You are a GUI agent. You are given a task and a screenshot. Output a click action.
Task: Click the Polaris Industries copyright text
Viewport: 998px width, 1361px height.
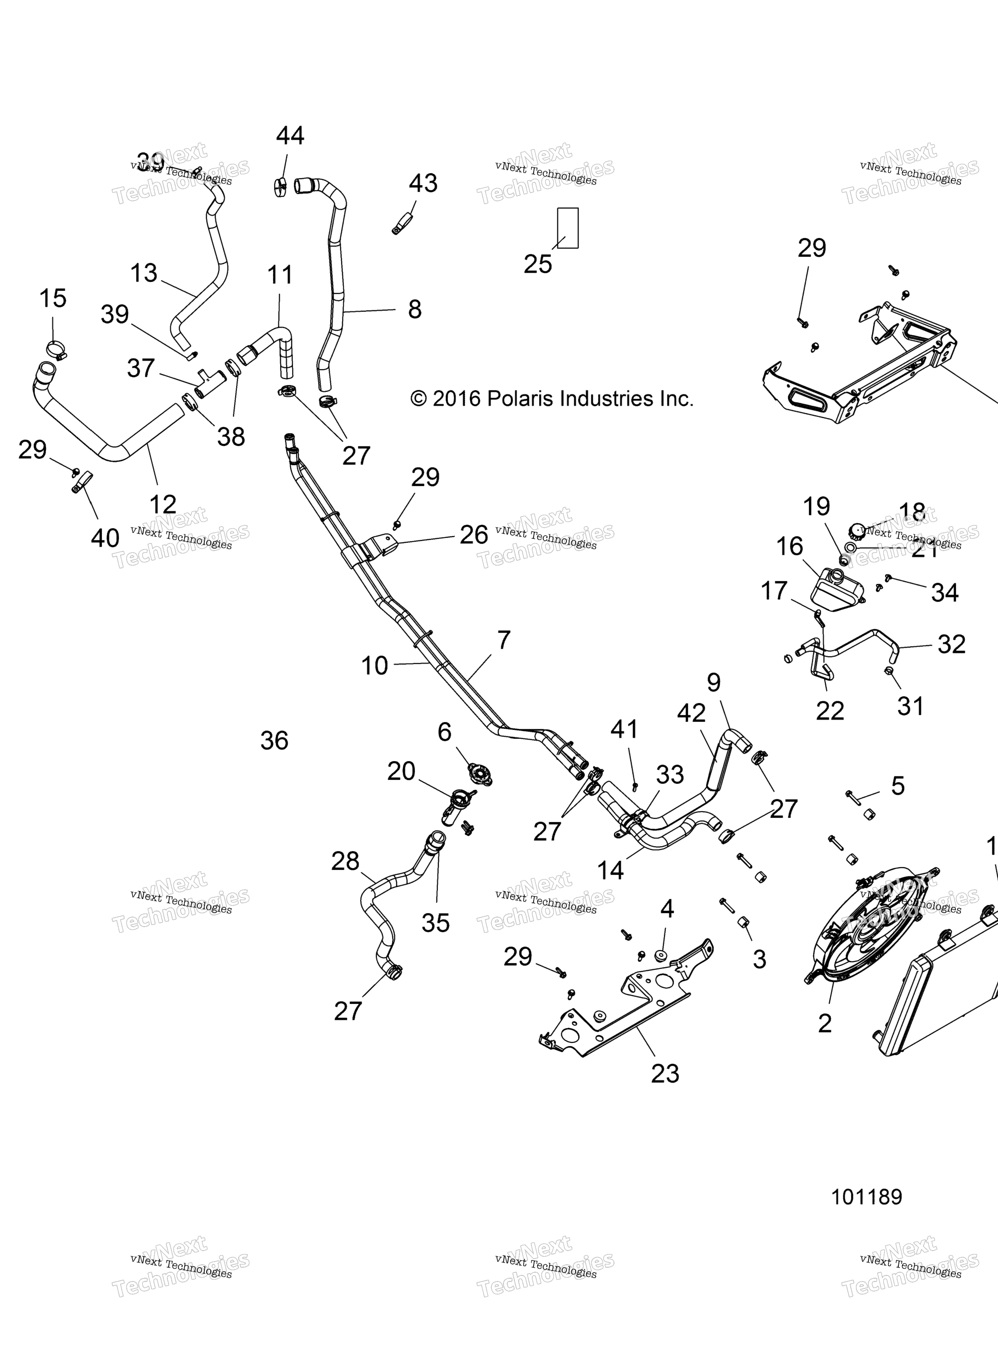click(x=551, y=399)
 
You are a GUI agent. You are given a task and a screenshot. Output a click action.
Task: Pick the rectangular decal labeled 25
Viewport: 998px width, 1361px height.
click(x=567, y=228)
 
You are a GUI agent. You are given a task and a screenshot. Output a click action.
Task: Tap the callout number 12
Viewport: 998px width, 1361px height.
click(x=163, y=504)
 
